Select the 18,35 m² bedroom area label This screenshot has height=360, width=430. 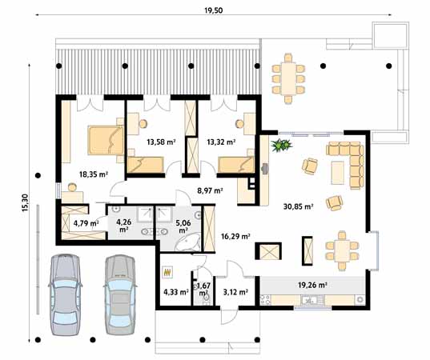pyautogui.click(x=93, y=173)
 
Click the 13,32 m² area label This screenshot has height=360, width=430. pyautogui.click(x=220, y=142)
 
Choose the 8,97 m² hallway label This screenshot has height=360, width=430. pyautogui.click(x=210, y=190)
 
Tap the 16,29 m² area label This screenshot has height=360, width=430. pyautogui.click(x=235, y=237)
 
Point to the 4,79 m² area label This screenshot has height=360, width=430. pyautogui.click(x=85, y=223)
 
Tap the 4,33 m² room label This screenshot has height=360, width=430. pyautogui.click(x=175, y=292)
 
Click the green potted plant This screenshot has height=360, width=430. pyautogui.click(x=281, y=146)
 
